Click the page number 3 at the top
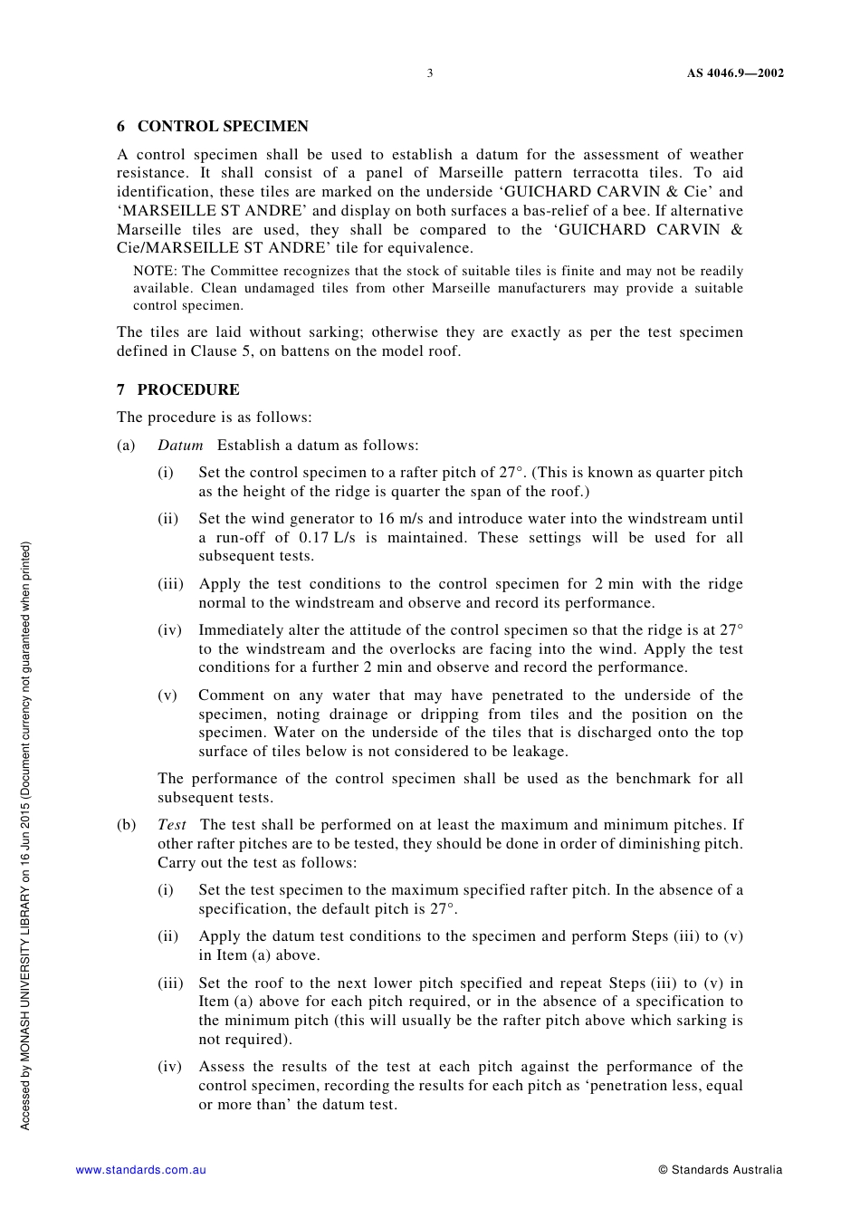click(x=430, y=73)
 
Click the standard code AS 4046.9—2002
click(x=735, y=73)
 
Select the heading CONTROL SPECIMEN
click(x=223, y=127)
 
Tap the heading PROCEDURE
click(x=188, y=390)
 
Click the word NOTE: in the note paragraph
click(x=155, y=271)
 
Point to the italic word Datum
click(x=180, y=446)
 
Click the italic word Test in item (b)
click(x=172, y=825)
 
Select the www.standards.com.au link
click(x=141, y=1170)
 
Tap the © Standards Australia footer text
click(x=721, y=1170)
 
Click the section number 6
click(x=121, y=127)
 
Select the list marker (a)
click(x=126, y=446)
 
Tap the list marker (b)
click(x=127, y=825)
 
